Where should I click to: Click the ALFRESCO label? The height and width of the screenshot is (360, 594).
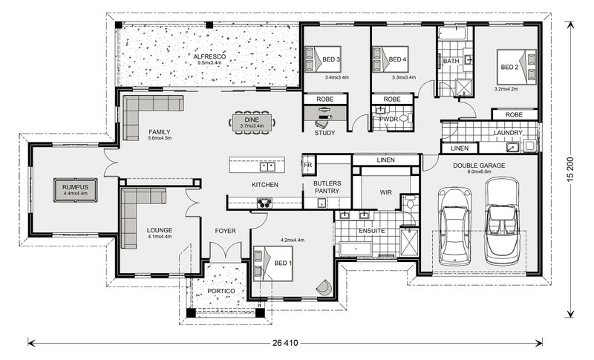(209, 56)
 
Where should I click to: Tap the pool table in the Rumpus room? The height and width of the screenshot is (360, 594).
(76, 190)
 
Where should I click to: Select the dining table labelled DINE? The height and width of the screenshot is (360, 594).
(252, 122)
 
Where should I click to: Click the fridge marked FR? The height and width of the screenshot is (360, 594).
(308, 165)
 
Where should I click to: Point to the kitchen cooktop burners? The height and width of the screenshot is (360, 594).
(264, 203)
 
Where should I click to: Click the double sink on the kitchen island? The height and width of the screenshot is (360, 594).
(267, 166)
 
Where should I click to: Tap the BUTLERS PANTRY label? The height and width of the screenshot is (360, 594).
(327, 187)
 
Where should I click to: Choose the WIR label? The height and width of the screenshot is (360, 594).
(385, 192)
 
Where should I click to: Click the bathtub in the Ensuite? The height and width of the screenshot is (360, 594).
(356, 249)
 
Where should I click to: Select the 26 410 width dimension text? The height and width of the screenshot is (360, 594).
(285, 344)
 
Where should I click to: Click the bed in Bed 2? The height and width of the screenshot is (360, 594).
(517, 67)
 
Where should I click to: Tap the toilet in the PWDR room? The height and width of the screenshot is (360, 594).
(404, 119)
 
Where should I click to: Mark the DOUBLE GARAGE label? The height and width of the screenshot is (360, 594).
(479, 166)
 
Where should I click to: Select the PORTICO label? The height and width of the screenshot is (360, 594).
(221, 291)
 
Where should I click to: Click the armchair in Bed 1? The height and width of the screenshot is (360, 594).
(324, 287)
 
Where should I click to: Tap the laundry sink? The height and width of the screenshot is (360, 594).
(512, 147)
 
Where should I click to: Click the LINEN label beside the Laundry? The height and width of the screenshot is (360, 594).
(460, 148)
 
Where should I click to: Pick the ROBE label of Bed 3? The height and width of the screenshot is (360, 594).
(325, 99)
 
